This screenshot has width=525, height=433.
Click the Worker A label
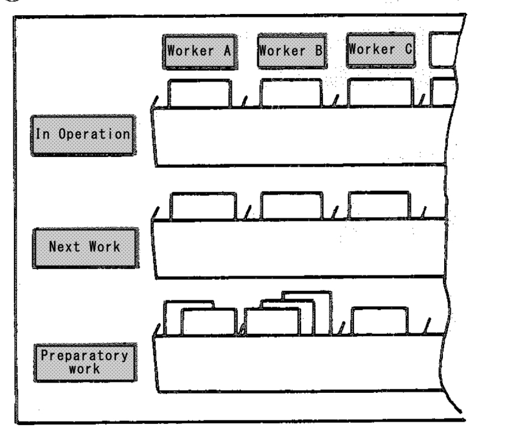pos(200,52)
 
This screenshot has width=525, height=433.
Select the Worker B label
pos(292,51)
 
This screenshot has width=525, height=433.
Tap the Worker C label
pos(381,50)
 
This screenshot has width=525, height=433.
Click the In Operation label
pos(83,135)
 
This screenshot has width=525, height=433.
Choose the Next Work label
pos(86,248)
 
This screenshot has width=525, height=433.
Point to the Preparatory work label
pos(85,362)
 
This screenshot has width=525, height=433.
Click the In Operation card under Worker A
pos(199,94)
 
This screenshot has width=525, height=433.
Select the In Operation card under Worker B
pos(291,92)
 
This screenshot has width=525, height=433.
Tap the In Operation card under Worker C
pos(380,92)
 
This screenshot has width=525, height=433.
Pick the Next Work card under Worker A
pos(203,206)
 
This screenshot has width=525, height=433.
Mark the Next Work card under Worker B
pos(292,206)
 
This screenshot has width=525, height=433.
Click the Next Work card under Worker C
pos(379,205)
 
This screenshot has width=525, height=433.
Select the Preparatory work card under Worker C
pos(380,320)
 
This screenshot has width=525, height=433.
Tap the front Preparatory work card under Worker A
pos(209,322)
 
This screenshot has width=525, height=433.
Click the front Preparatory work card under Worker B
pos(272,321)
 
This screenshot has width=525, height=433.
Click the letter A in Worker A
pos(228,51)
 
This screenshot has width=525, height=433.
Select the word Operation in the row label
pos(94,134)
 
